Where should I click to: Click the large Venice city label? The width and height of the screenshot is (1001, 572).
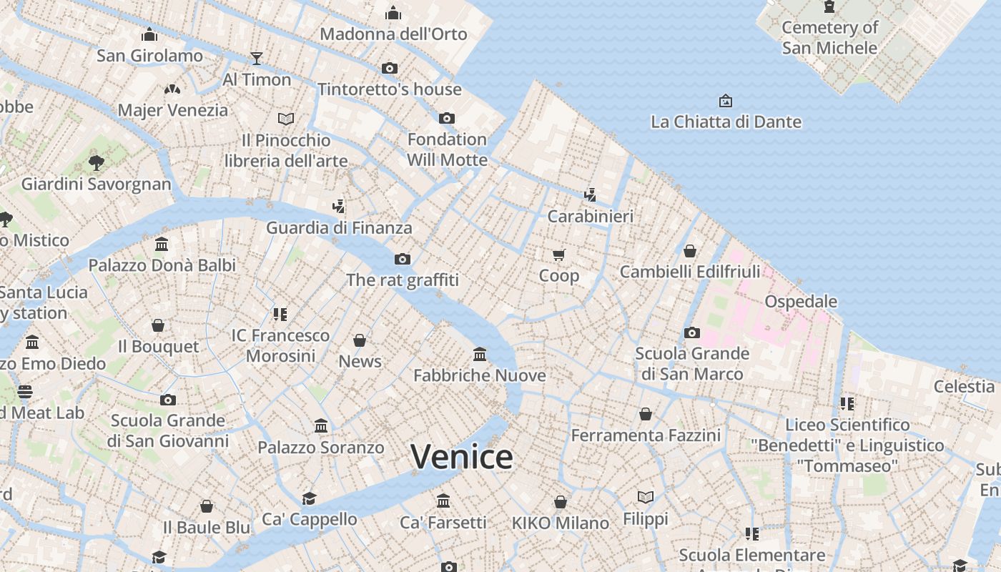point(462,457)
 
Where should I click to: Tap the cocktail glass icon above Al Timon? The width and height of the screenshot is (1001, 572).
point(257,58)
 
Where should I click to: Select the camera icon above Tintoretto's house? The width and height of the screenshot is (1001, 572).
point(390,69)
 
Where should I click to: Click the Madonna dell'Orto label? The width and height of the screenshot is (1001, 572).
point(393,34)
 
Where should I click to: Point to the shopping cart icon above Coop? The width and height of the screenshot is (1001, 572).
point(559,255)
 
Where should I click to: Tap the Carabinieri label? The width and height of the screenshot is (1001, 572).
point(591,216)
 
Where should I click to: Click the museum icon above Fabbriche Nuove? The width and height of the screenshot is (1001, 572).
point(480,354)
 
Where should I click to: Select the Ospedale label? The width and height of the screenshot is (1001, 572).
point(801,301)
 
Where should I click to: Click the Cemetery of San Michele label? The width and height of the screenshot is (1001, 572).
point(829,38)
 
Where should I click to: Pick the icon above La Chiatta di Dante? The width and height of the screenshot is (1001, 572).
point(726,101)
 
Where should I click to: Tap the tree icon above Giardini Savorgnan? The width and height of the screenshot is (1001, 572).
point(97,163)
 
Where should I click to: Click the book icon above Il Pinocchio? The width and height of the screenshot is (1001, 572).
point(286,119)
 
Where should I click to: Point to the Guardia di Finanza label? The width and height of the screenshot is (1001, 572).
point(339,227)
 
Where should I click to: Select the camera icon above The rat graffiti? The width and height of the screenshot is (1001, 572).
point(403,259)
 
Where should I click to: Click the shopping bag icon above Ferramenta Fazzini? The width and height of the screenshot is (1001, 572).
point(646,414)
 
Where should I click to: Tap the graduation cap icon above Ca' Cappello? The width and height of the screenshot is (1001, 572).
point(309,498)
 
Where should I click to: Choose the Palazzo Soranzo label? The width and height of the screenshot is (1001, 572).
point(321,448)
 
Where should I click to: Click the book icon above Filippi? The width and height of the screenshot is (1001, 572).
point(646,497)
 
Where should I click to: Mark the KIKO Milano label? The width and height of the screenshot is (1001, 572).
point(561,523)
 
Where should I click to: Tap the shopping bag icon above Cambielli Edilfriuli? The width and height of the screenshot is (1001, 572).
point(690,251)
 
